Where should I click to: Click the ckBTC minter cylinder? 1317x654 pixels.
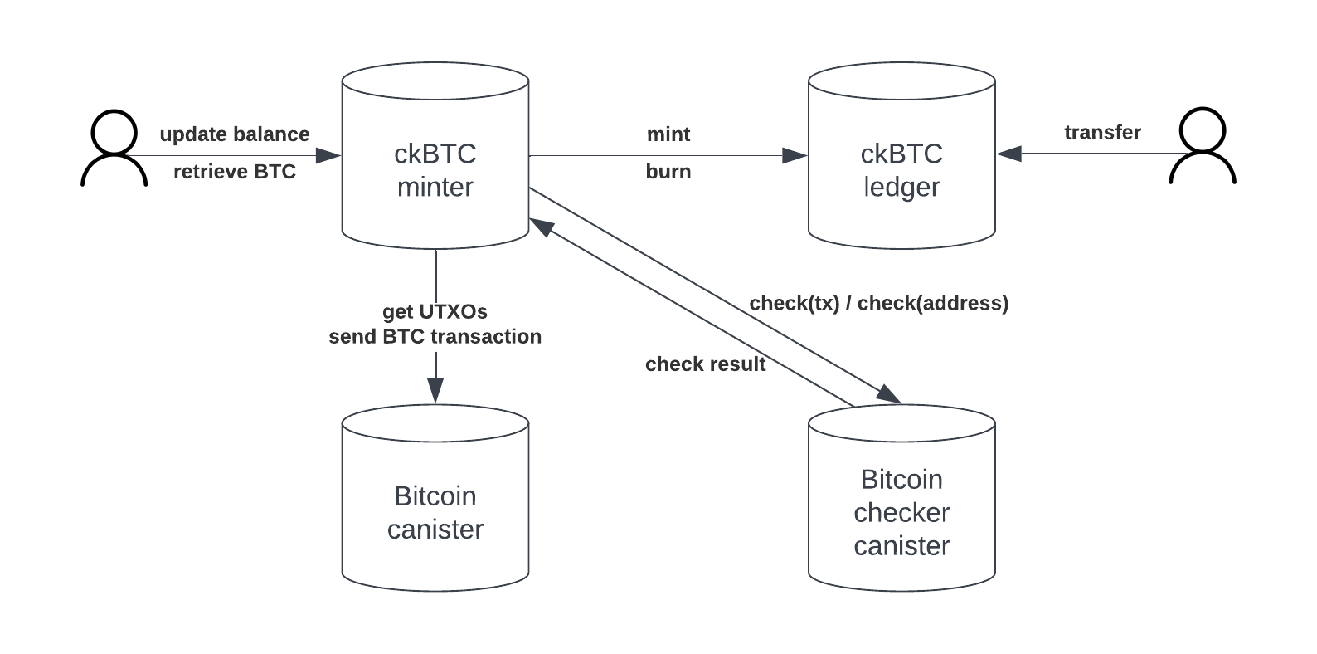point(435,170)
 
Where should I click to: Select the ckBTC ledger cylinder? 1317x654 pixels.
point(901,170)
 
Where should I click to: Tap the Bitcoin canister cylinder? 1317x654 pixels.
point(435,512)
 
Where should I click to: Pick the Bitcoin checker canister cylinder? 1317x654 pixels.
point(901,512)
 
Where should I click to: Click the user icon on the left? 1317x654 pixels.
point(114,149)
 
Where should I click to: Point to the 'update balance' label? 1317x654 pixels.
point(235,134)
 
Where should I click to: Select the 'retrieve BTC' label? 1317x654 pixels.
point(235,172)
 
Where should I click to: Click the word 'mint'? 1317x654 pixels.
point(668,134)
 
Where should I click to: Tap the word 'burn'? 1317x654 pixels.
point(668,172)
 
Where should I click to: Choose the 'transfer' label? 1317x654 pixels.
point(1102,133)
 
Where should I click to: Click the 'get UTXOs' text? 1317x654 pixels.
point(435,312)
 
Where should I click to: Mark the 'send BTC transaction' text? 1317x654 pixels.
point(435,337)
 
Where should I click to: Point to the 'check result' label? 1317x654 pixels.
point(705,364)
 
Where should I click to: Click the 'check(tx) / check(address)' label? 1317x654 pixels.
point(878,304)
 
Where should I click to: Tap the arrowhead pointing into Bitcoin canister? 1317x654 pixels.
point(435,390)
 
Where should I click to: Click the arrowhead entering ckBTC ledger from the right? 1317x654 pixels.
point(1008,154)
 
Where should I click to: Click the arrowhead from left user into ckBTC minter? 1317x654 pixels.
point(329,155)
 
